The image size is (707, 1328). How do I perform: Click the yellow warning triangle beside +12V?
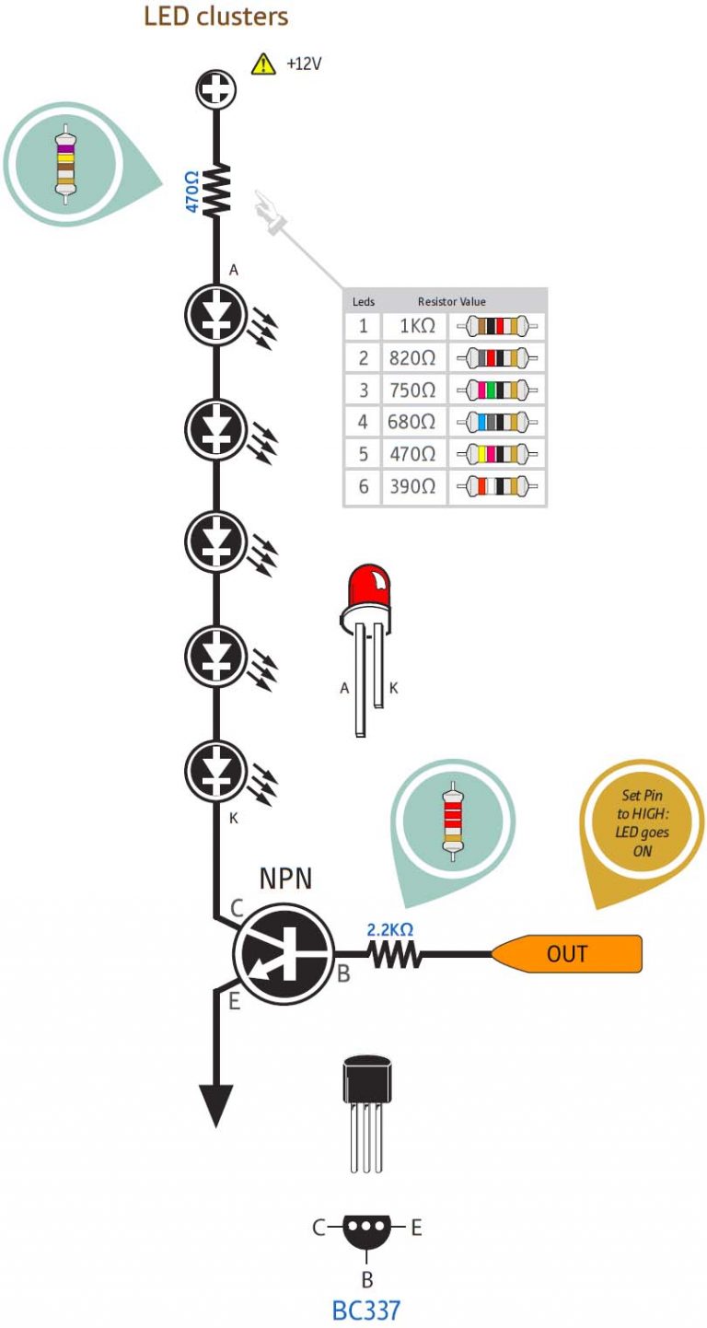coord(264,64)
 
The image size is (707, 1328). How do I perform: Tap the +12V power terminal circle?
coord(217,90)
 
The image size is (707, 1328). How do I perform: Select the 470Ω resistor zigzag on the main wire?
coord(217,191)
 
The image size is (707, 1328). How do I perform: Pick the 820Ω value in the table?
coord(411,358)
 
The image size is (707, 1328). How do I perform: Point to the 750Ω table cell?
coord(411,390)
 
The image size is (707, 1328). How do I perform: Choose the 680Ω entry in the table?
coord(411,423)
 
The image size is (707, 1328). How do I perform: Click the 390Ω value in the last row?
coord(411,486)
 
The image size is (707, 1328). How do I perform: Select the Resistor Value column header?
coord(451,301)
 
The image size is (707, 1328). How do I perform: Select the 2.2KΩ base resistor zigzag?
coord(396,956)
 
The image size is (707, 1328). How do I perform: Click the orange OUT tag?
coord(567,954)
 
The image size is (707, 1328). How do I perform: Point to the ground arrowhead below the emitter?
coord(215,1105)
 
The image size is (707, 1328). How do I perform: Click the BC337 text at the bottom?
coord(366,1309)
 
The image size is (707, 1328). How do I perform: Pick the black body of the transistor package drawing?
coord(367,1079)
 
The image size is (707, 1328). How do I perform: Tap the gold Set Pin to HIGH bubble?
coord(642,826)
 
